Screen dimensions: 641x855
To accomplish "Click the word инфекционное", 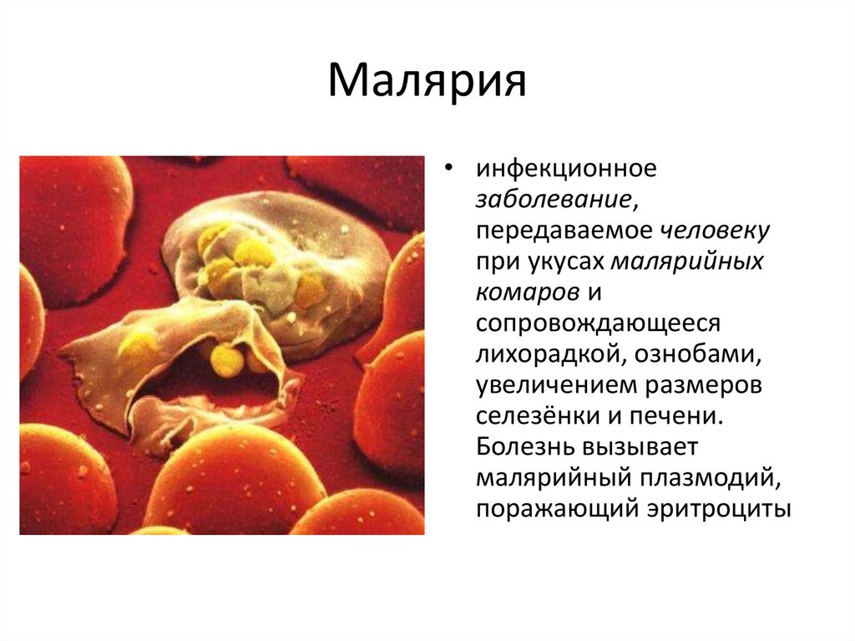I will tap(567, 169).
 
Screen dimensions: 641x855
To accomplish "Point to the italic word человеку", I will tap(716, 231).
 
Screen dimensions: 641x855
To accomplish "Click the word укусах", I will tap(569, 262).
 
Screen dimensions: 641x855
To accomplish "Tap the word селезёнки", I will tap(537, 416).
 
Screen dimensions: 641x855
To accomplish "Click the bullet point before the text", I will tap(451, 170).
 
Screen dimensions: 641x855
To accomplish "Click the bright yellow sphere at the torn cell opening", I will tap(226, 359).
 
